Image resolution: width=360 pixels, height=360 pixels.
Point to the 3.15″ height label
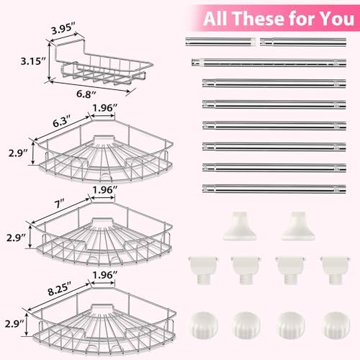[x=33, y=61]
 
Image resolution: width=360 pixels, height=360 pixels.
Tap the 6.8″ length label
[x=86, y=94]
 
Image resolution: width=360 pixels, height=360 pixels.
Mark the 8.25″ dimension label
[x=60, y=289]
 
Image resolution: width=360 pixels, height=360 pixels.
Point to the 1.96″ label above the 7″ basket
[x=104, y=190]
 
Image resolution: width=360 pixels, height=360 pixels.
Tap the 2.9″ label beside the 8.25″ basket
[x=15, y=324]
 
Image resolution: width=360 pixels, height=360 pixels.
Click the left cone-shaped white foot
[x=240, y=225]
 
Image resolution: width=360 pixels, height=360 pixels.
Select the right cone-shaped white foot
[x=298, y=225]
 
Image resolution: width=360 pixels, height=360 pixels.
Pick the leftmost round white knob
[x=204, y=325]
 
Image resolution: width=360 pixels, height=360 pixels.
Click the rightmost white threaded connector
[x=335, y=270]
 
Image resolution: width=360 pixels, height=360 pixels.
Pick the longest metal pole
[x=269, y=63]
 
